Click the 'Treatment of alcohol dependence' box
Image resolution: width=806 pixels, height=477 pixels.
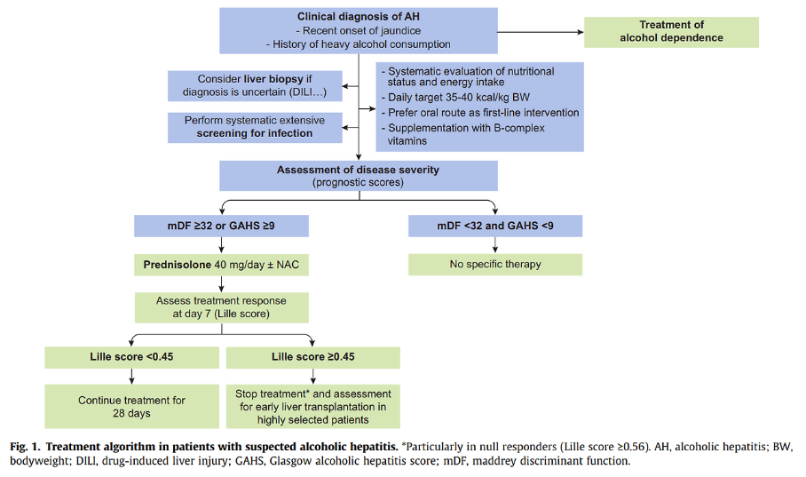point(671,32)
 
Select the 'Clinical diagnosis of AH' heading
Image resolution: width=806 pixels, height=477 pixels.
point(359,17)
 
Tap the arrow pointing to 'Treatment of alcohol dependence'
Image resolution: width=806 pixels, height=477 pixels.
point(541,32)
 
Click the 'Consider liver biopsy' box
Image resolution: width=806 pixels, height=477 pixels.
point(255,86)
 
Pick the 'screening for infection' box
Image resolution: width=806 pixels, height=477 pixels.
point(255,127)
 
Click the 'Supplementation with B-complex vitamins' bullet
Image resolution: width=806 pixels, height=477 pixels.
point(462,134)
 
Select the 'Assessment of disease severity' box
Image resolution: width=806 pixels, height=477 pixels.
point(359,176)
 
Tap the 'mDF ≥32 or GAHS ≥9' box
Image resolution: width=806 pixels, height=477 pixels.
point(222,226)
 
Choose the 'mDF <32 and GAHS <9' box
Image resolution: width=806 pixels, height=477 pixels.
point(495,226)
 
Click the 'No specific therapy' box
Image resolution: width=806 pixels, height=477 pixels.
point(495,265)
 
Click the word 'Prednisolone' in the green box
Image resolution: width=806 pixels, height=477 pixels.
point(178,265)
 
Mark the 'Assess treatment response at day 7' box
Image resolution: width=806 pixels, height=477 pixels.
point(222,307)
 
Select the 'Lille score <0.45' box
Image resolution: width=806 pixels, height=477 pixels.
point(131,357)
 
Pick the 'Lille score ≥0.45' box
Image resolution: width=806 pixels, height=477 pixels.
point(313,357)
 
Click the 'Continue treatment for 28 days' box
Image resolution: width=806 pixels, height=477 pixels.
point(131,407)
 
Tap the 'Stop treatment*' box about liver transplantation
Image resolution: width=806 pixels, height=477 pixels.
point(313,407)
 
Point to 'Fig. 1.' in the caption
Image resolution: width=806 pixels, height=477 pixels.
point(27,447)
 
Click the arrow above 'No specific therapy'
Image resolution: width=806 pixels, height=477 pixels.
point(495,245)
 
